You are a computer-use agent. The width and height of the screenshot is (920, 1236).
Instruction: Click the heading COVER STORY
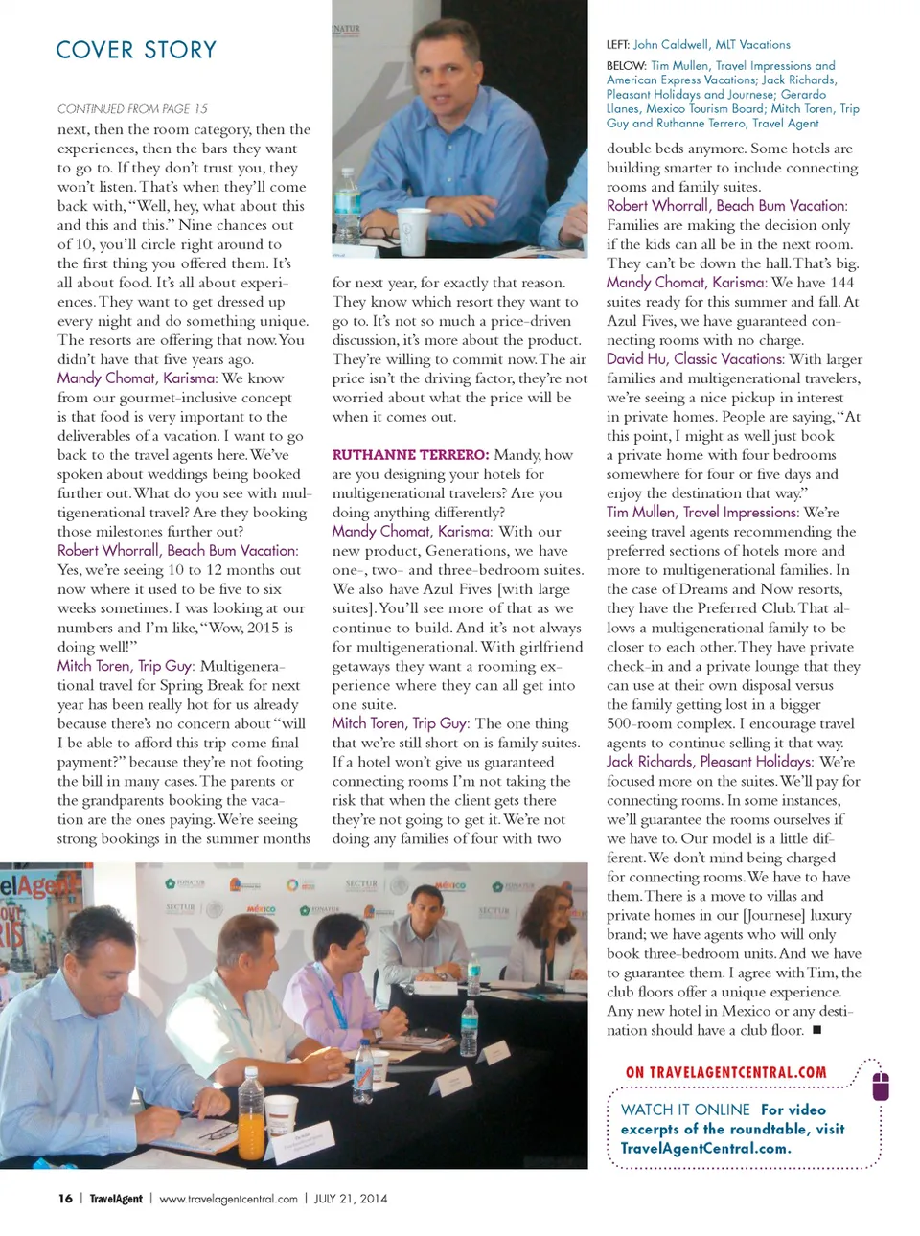click(136, 50)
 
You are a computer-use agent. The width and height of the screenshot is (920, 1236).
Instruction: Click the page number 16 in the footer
click(65, 1199)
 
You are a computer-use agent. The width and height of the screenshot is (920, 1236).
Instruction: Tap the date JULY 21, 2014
click(351, 1199)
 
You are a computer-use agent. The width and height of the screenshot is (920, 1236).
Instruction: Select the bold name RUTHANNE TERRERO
click(410, 455)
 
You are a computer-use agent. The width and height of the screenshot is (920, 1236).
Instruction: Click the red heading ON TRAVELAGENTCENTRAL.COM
click(725, 1073)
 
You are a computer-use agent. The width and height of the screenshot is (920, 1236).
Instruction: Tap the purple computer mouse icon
click(881, 1086)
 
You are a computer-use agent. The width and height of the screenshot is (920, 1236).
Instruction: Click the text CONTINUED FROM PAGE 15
click(132, 109)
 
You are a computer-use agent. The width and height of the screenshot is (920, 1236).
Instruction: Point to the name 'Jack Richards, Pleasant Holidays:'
click(710, 762)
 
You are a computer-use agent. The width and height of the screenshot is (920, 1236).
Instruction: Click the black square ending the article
click(816, 1030)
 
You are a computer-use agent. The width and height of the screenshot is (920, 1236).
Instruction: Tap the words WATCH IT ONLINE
click(685, 1110)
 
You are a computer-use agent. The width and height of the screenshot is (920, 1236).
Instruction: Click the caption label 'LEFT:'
click(617, 45)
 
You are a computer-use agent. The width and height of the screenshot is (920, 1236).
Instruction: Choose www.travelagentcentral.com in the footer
click(228, 1199)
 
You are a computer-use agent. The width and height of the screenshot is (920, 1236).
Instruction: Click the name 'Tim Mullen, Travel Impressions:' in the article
click(702, 513)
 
